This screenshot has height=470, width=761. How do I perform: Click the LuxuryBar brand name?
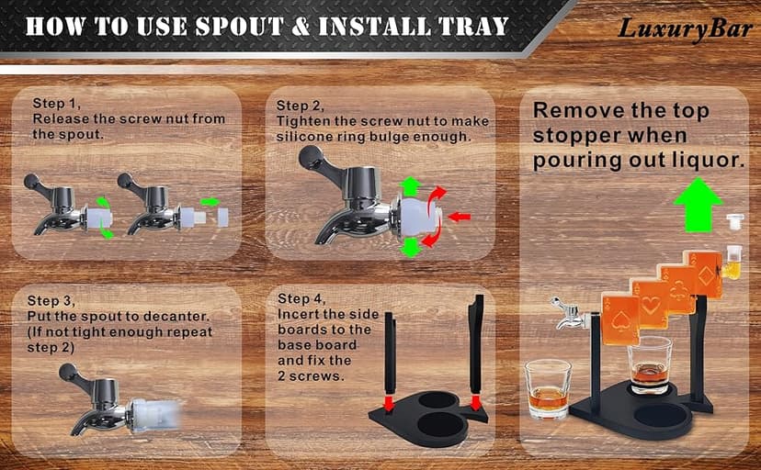(x=685, y=28)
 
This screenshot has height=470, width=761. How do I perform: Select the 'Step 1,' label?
(x=56, y=103)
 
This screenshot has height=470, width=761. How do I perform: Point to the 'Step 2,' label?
(x=300, y=106)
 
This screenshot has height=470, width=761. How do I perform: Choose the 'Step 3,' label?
(x=51, y=301)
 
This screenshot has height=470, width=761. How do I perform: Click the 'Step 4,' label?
(x=301, y=298)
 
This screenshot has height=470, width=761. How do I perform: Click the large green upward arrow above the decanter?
(x=698, y=204)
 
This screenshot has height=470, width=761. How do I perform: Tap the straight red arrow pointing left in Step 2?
(x=460, y=217)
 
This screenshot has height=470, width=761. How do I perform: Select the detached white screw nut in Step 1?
(x=222, y=217)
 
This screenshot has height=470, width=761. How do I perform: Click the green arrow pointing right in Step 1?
(x=210, y=202)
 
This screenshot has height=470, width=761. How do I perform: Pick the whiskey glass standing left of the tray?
(x=548, y=389)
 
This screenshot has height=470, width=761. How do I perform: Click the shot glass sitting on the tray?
(x=650, y=364)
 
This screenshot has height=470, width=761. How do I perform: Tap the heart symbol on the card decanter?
(x=650, y=305)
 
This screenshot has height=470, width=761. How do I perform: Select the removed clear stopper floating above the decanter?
(x=735, y=221)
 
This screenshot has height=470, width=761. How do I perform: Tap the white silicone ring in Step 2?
(x=418, y=218)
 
